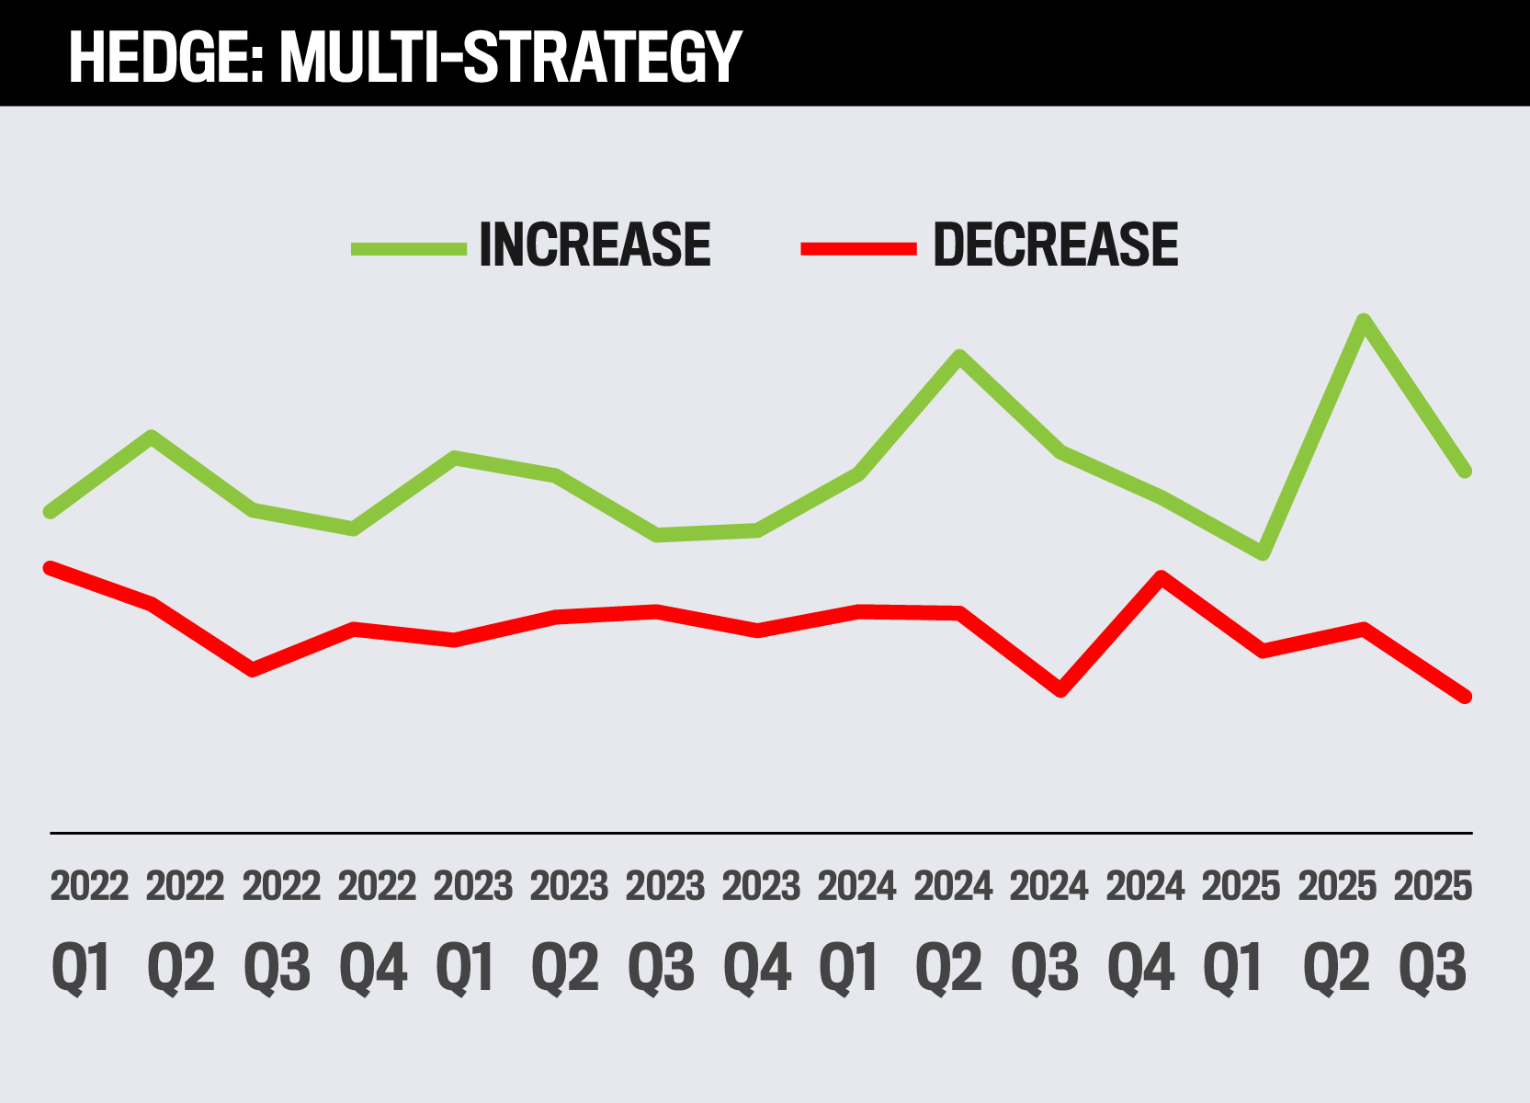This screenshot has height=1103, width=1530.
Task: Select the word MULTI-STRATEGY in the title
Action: pyautogui.click(x=510, y=57)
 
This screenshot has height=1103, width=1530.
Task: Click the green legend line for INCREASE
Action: pyautogui.click(x=409, y=247)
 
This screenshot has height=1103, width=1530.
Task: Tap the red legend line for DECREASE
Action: pyautogui.click(x=859, y=247)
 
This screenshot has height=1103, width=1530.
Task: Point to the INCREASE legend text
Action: pyautogui.click(x=595, y=245)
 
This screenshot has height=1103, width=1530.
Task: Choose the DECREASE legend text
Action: pyautogui.click(x=1055, y=245)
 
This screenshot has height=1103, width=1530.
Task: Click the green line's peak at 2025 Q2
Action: pyautogui.click(x=1364, y=321)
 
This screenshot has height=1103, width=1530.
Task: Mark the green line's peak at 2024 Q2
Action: pyautogui.click(x=959, y=358)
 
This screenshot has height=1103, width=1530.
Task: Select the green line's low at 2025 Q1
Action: pyautogui.click(x=1263, y=553)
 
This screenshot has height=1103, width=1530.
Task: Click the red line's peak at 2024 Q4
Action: pyautogui.click(x=1162, y=578)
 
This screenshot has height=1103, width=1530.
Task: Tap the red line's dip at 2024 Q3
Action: pyautogui.click(x=1060, y=690)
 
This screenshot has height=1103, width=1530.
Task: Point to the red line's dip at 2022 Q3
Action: pyautogui.click(x=253, y=669)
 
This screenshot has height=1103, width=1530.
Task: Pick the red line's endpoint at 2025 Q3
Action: pyautogui.click(x=1466, y=697)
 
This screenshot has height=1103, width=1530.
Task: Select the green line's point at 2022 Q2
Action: pyautogui.click(x=152, y=437)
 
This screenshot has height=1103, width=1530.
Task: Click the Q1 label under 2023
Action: pyautogui.click(x=466, y=968)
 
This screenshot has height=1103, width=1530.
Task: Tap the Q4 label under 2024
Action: pyautogui.click(x=1140, y=968)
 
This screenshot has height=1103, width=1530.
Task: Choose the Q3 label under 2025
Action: pyautogui.click(x=1433, y=968)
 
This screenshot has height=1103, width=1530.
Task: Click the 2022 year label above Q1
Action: pyautogui.click(x=89, y=886)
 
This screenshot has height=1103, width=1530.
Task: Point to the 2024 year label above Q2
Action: pyautogui.click(x=953, y=886)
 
